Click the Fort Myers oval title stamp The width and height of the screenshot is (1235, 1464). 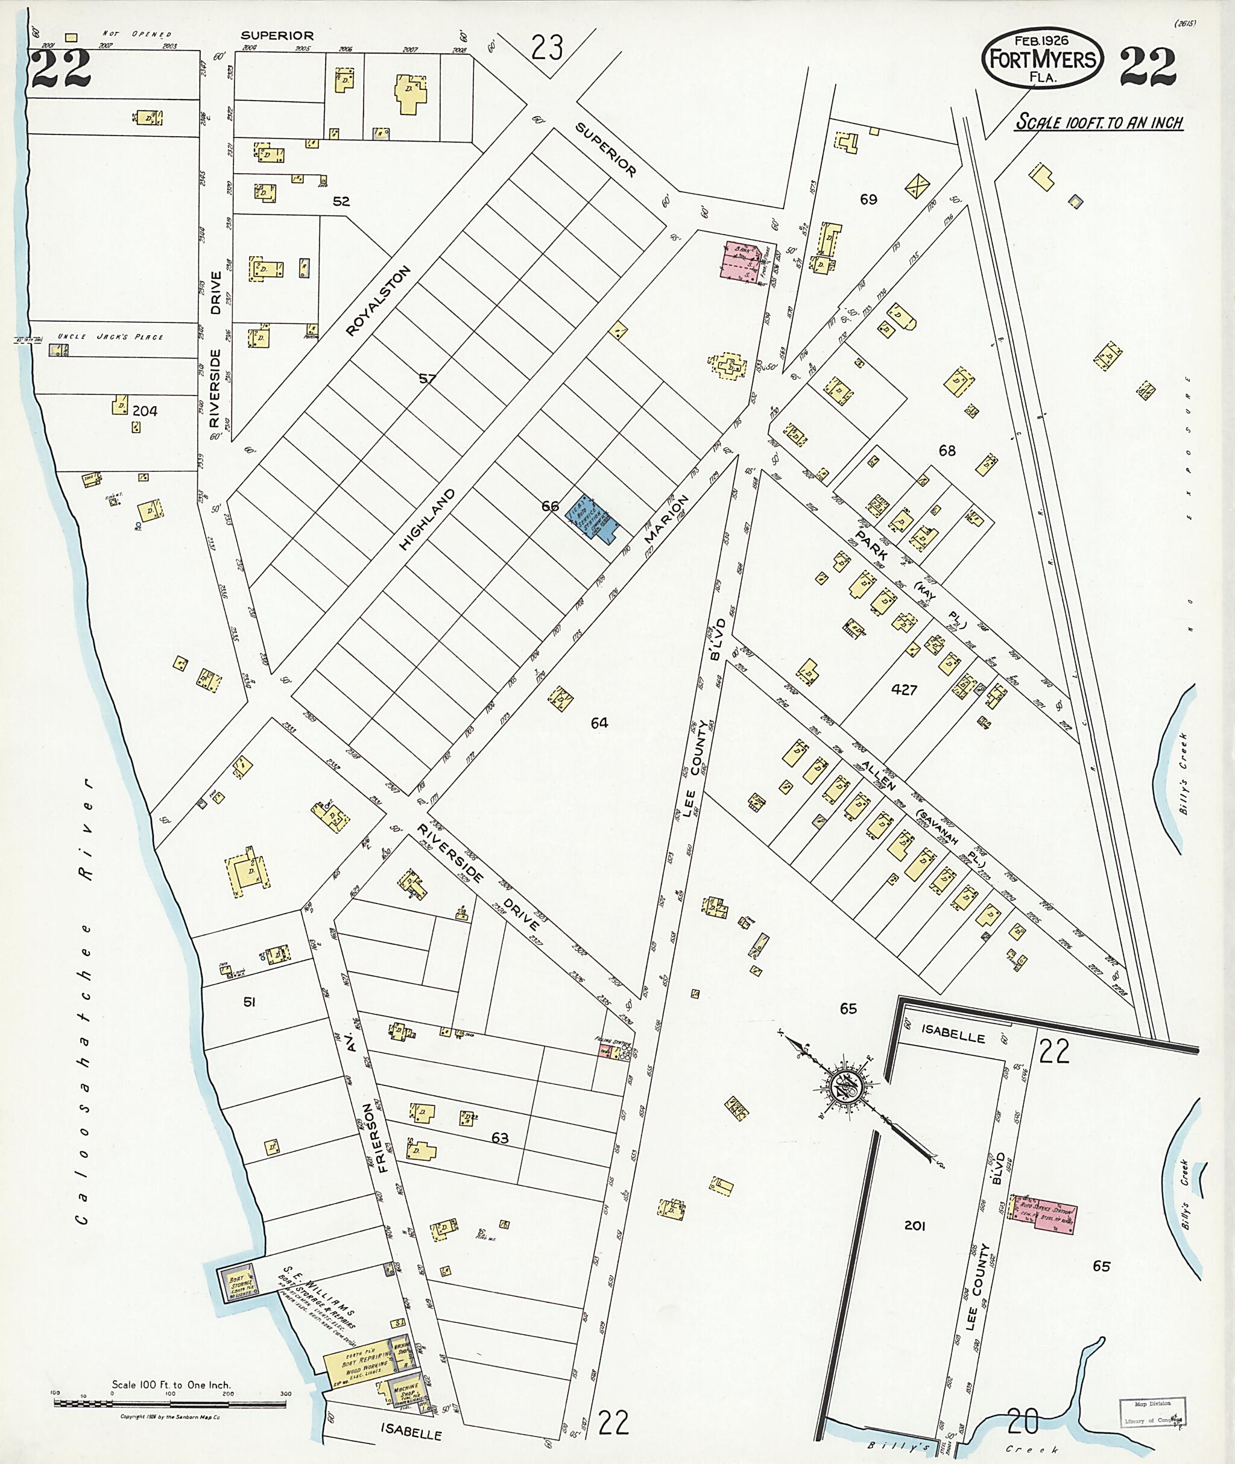[x=1043, y=59]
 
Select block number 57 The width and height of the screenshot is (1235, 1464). [x=427, y=379]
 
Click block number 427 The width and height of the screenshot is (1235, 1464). [x=904, y=690]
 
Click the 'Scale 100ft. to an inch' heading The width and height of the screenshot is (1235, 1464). [x=1099, y=123]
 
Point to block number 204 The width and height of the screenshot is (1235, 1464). [x=145, y=411]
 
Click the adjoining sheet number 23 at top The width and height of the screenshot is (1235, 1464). [x=547, y=48]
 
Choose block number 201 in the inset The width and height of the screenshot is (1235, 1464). [x=915, y=1225]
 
